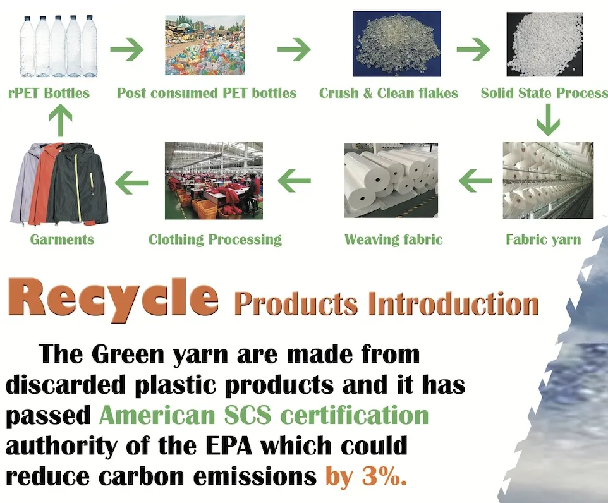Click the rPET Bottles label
click(x=49, y=93)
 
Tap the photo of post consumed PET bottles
click(x=205, y=45)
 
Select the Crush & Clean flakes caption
click(x=389, y=93)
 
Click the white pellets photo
click(x=544, y=44)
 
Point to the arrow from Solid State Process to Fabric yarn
click(x=548, y=120)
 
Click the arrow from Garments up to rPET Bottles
click(x=61, y=121)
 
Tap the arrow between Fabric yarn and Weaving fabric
click(x=475, y=181)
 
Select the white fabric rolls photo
click(x=391, y=180)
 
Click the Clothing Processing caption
click(x=215, y=239)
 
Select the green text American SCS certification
click(x=264, y=415)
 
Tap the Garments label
click(x=62, y=239)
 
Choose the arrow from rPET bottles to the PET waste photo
click(x=127, y=49)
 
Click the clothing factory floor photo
click(x=214, y=181)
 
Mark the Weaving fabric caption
click(x=393, y=239)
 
